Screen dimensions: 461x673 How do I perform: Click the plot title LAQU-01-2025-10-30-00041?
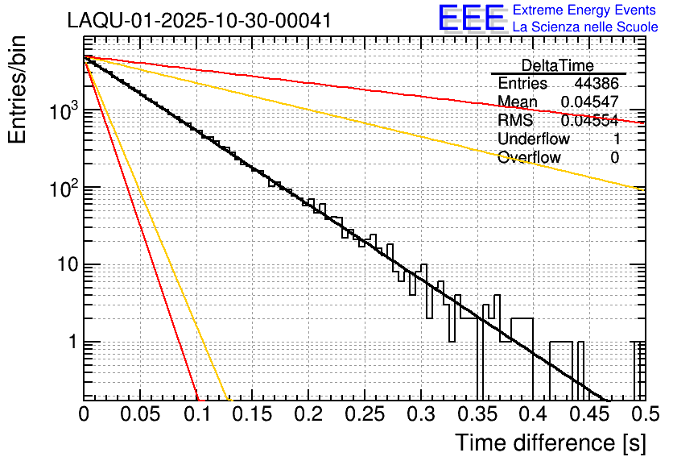198,20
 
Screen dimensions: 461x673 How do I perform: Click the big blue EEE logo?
471,19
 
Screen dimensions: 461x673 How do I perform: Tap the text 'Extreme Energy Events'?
585,10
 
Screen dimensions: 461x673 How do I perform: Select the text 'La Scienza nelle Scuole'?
585,27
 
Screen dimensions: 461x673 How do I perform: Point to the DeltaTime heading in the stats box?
558,65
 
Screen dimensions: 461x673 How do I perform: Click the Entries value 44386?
597,84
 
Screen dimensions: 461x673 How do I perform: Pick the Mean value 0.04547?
590,102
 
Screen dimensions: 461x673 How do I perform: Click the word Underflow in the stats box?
534,139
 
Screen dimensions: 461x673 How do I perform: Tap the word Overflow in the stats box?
529,157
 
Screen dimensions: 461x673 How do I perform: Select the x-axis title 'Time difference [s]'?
549,442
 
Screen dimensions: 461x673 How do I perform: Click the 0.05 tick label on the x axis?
140,414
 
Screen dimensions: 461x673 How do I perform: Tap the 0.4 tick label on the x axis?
531,414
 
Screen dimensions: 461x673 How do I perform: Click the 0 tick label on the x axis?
85,414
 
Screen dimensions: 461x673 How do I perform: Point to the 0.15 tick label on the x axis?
251,414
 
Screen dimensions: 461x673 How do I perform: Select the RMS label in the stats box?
515,120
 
